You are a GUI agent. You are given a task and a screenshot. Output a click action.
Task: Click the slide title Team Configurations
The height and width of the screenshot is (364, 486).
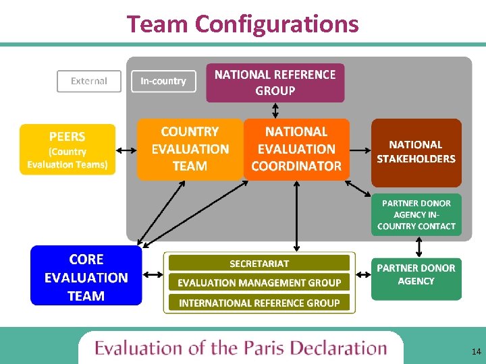pyautogui.click(x=243, y=24)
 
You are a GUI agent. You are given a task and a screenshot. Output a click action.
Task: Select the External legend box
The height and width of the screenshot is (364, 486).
pyautogui.click(x=89, y=82)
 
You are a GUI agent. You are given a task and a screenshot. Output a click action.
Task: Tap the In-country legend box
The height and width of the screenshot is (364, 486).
pyautogui.click(x=163, y=82)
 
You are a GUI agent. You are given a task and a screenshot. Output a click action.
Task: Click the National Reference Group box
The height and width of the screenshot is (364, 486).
pyautogui.click(x=275, y=82)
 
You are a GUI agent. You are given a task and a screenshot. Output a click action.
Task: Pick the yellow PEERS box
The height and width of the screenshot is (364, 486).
pyautogui.click(x=67, y=150)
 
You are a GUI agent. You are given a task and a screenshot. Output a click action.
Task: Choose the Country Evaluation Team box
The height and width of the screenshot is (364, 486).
pyautogui.click(x=190, y=149)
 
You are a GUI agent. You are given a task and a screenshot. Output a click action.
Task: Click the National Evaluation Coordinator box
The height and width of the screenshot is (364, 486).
pyautogui.click(x=296, y=149)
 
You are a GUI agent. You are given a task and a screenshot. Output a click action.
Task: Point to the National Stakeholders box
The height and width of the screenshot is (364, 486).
pyautogui.click(x=416, y=152)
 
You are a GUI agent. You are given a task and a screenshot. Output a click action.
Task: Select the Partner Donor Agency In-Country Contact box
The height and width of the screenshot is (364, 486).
pyautogui.click(x=416, y=215)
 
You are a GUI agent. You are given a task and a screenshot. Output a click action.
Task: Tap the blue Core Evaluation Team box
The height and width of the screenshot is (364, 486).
pyautogui.click(x=86, y=276)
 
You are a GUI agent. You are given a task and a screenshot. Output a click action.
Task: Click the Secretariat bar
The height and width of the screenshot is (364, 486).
pyautogui.click(x=259, y=263)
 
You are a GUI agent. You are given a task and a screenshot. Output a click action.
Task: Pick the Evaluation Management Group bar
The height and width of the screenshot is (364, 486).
pyautogui.click(x=259, y=282)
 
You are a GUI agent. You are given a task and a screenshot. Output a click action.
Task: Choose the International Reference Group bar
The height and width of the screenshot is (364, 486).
pyautogui.click(x=259, y=303)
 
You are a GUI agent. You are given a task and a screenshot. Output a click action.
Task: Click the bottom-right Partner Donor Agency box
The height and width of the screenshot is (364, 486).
pyautogui.click(x=416, y=278)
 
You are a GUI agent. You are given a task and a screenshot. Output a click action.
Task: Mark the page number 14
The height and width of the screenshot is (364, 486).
pyautogui.click(x=477, y=351)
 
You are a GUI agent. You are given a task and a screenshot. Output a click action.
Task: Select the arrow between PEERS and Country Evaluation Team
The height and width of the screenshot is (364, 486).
pyautogui.click(x=126, y=150)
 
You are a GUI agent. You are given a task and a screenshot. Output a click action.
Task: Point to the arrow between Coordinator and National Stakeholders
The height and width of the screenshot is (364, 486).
pyautogui.click(x=360, y=150)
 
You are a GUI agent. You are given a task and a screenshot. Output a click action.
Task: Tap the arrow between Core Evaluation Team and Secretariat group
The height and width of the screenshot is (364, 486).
pyautogui.click(x=153, y=274)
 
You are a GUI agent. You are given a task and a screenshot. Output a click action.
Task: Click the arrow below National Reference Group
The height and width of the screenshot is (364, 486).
pyautogui.click(x=275, y=111)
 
